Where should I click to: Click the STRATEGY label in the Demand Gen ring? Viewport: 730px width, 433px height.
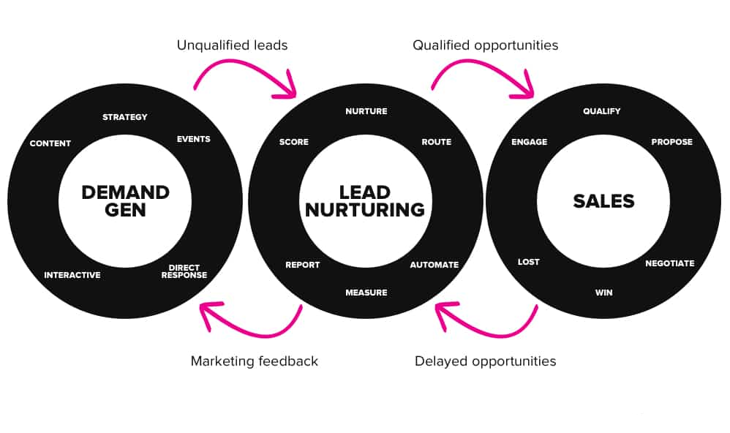click(x=124, y=117)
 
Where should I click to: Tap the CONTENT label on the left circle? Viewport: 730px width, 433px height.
click(x=50, y=143)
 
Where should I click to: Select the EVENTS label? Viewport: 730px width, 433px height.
click(x=193, y=139)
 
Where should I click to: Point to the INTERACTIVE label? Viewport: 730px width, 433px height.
click(x=72, y=275)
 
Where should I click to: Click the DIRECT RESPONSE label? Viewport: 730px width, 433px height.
click(x=184, y=271)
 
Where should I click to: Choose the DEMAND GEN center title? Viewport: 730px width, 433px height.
click(x=125, y=201)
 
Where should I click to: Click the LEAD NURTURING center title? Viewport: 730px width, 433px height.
click(x=365, y=201)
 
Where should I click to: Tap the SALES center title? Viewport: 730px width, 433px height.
click(x=603, y=201)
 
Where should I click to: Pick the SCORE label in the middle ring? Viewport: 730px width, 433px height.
click(x=294, y=142)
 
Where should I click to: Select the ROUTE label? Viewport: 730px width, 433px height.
click(x=436, y=142)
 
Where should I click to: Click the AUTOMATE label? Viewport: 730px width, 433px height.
click(x=434, y=265)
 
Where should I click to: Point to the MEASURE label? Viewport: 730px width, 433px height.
click(x=366, y=293)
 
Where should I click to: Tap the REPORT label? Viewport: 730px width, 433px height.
click(x=302, y=265)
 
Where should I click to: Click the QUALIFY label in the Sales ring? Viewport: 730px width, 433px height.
click(x=601, y=111)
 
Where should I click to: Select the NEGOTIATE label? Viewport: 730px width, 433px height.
click(x=669, y=263)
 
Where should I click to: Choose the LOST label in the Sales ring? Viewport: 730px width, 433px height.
click(x=528, y=262)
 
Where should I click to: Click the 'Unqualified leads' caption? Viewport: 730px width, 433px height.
click(x=232, y=45)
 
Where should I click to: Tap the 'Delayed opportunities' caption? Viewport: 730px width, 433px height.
click(x=485, y=361)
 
